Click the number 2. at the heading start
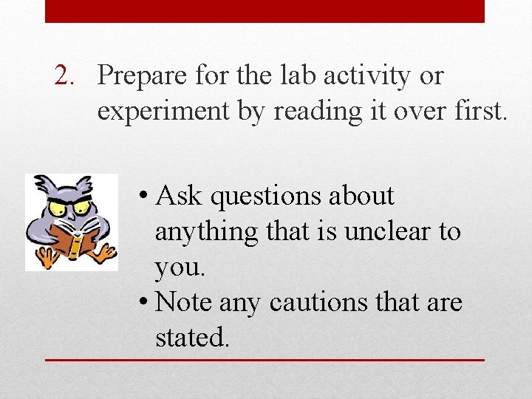coord(71,75)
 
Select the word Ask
coord(180,196)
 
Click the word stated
coord(192,338)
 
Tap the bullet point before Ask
coord(143,197)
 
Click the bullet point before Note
coord(143,303)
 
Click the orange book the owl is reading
coord(69,239)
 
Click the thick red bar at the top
coord(265,11)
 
